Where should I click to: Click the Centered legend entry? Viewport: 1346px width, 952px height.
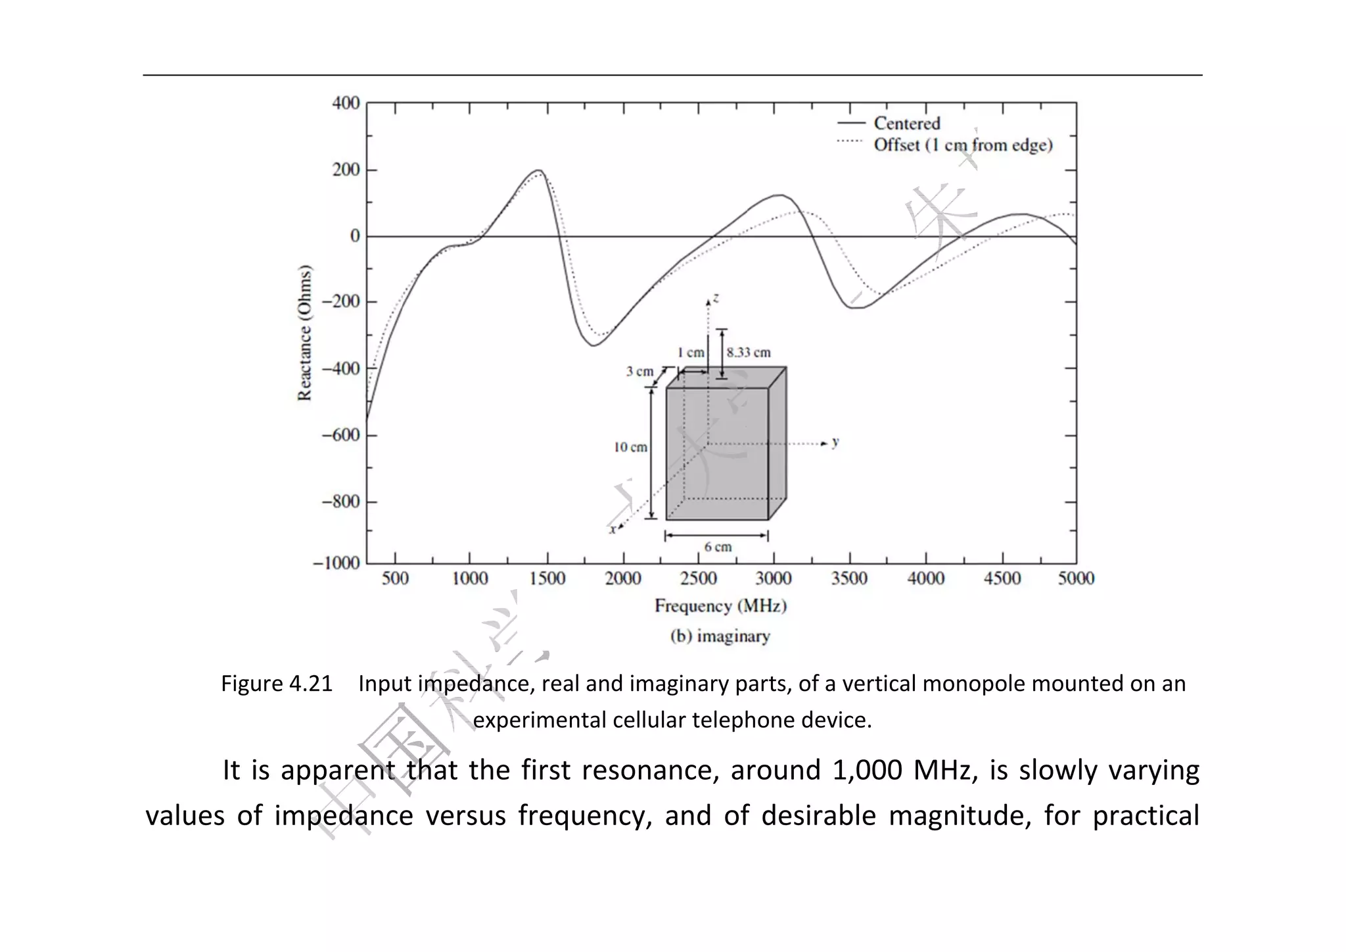(x=906, y=124)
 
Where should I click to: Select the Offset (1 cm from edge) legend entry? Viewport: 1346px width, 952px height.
(x=962, y=145)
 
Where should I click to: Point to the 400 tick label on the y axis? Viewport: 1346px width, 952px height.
(x=346, y=103)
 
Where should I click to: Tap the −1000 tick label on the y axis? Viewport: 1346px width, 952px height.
(x=336, y=563)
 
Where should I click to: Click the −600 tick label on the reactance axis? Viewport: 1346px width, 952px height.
(x=340, y=435)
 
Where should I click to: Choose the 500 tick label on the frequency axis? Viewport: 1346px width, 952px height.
(x=395, y=579)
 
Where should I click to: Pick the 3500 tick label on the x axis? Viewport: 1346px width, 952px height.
(x=849, y=579)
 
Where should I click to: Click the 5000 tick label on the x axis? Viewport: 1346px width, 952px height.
(x=1076, y=579)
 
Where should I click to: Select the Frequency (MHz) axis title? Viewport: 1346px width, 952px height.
(x=720, y=606)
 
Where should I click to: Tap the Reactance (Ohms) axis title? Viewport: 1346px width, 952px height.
(x=304, y=333)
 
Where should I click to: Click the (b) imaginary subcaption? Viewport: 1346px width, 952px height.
(x=720, y=636)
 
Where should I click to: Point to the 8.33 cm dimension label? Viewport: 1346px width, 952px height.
(x=749, y=352)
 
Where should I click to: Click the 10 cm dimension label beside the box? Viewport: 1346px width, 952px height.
(x=630, y=448)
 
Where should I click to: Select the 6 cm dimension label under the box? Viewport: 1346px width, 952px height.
(x=718, y=547)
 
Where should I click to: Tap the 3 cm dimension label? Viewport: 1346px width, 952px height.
(x=639, y=371)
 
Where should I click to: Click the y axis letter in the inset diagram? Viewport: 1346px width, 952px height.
(x=835, y=442)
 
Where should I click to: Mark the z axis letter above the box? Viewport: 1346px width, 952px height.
(x=716, y=298)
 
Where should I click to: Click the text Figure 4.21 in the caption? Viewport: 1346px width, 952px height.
(x=277, y=684)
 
